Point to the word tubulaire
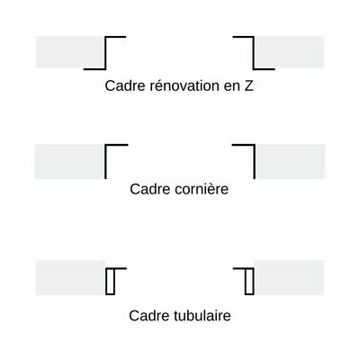pos(202,316)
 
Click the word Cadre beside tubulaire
pos(148,316)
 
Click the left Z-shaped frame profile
pos(105,53)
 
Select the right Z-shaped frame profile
pos(254,53)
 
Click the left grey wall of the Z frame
pos(70,52)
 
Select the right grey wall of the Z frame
pos(290,52)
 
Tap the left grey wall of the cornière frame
pos(69,161)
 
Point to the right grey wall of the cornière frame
pos(291,161)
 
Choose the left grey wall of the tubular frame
pos(70,277)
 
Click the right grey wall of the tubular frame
pos(290,277)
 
